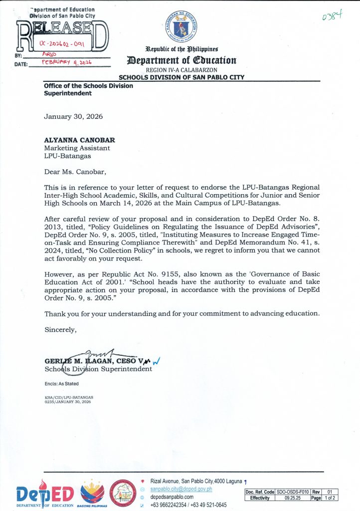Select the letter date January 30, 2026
73,116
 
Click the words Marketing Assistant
77,148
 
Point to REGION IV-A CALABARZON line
181,70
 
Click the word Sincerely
60,330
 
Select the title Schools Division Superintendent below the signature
98,369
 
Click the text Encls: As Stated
61,383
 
